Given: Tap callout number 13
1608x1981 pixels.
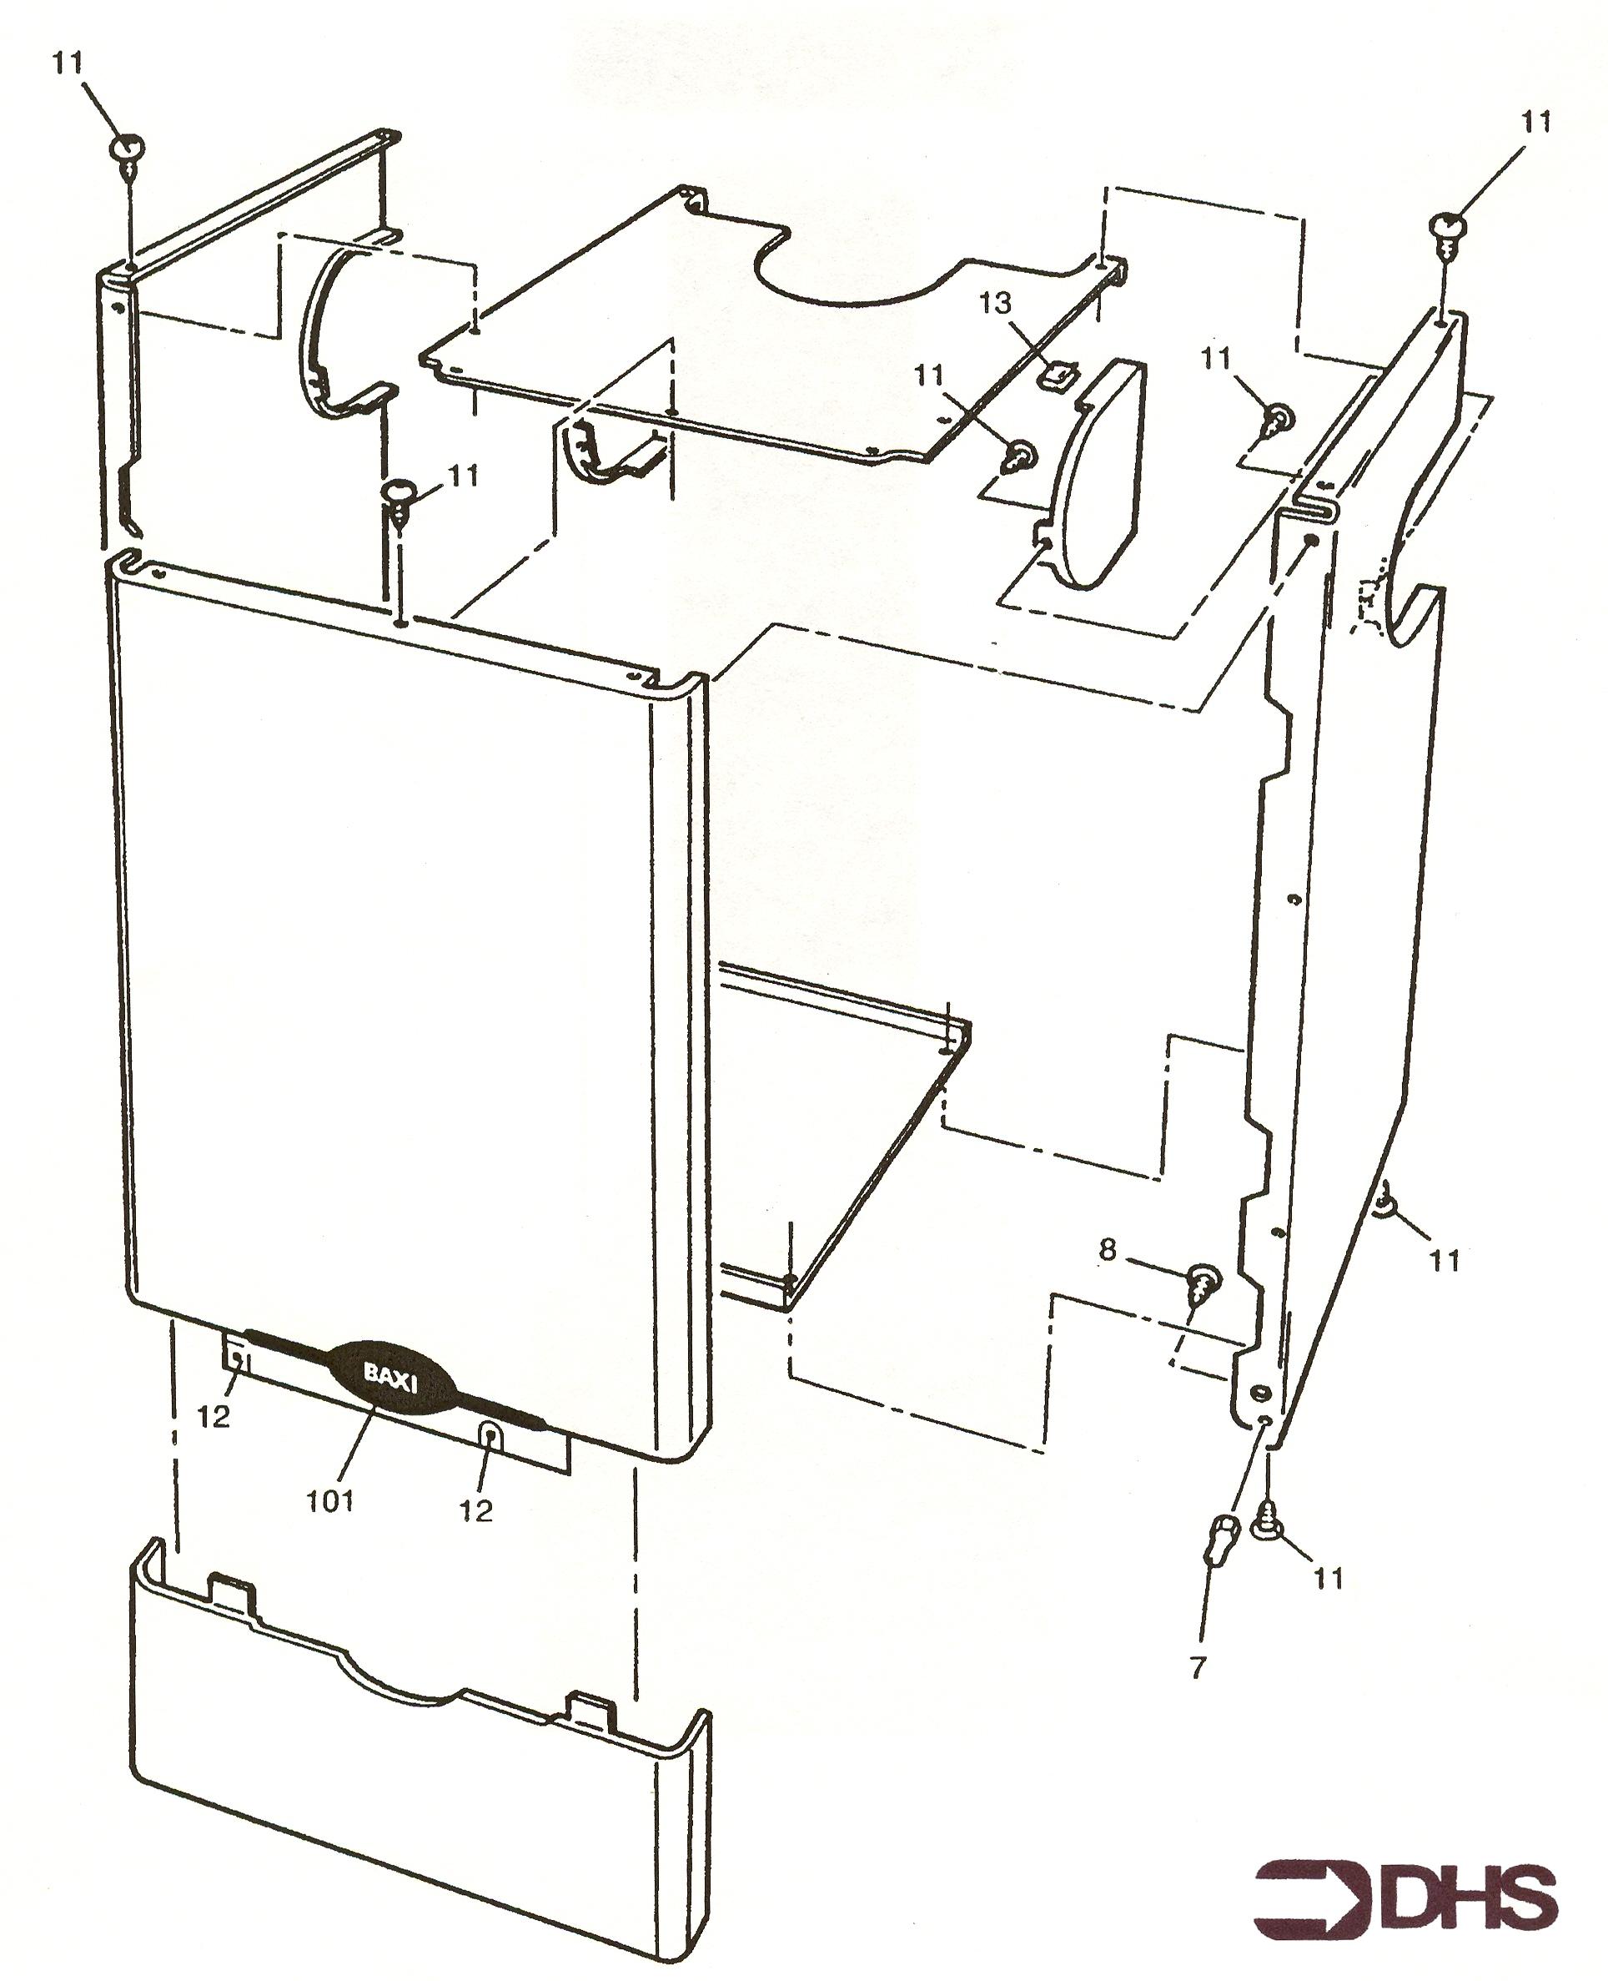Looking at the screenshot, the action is point(996,303).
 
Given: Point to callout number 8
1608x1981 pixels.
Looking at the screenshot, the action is point(1107,1251).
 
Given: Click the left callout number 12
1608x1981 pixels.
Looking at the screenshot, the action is point(214,1417).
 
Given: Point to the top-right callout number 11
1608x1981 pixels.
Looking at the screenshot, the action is point(1535,120).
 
